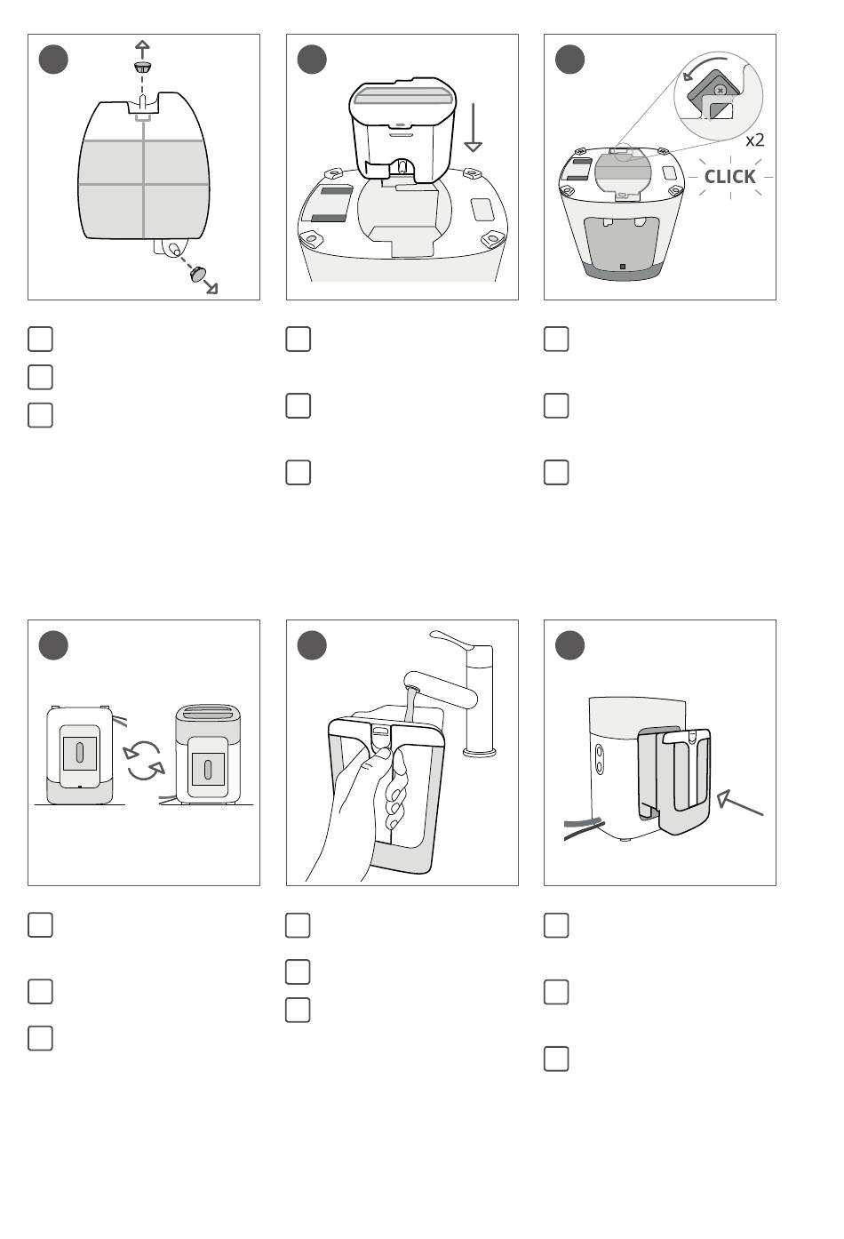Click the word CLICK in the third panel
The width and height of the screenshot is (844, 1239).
click(729, 177)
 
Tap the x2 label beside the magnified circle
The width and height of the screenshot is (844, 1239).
click(754, 140)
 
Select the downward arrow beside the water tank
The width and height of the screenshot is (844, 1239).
click(474, 127)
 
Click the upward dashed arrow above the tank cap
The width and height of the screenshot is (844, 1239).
click(143, 51)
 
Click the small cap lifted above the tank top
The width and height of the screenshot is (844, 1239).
click(143, 68)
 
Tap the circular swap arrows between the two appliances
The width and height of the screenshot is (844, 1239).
click(144, 761)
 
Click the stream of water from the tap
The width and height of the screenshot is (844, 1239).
click(410, 704)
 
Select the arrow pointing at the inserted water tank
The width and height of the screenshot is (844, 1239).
click(739, 803)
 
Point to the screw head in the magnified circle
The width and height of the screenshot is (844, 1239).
click(719, 89)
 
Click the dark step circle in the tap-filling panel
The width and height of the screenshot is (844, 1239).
click(312, 645)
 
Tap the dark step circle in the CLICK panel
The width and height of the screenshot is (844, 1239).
click(569, 60)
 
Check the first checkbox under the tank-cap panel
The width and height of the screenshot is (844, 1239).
click(40, 339)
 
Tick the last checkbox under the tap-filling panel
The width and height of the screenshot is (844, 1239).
click(298, 1010)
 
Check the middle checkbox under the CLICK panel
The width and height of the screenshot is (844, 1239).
click(556, 405)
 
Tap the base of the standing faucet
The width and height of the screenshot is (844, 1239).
click(479, 750)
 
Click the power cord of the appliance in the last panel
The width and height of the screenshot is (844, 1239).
click(583, 828)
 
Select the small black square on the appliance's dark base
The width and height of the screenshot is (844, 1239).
click(623, 267)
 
